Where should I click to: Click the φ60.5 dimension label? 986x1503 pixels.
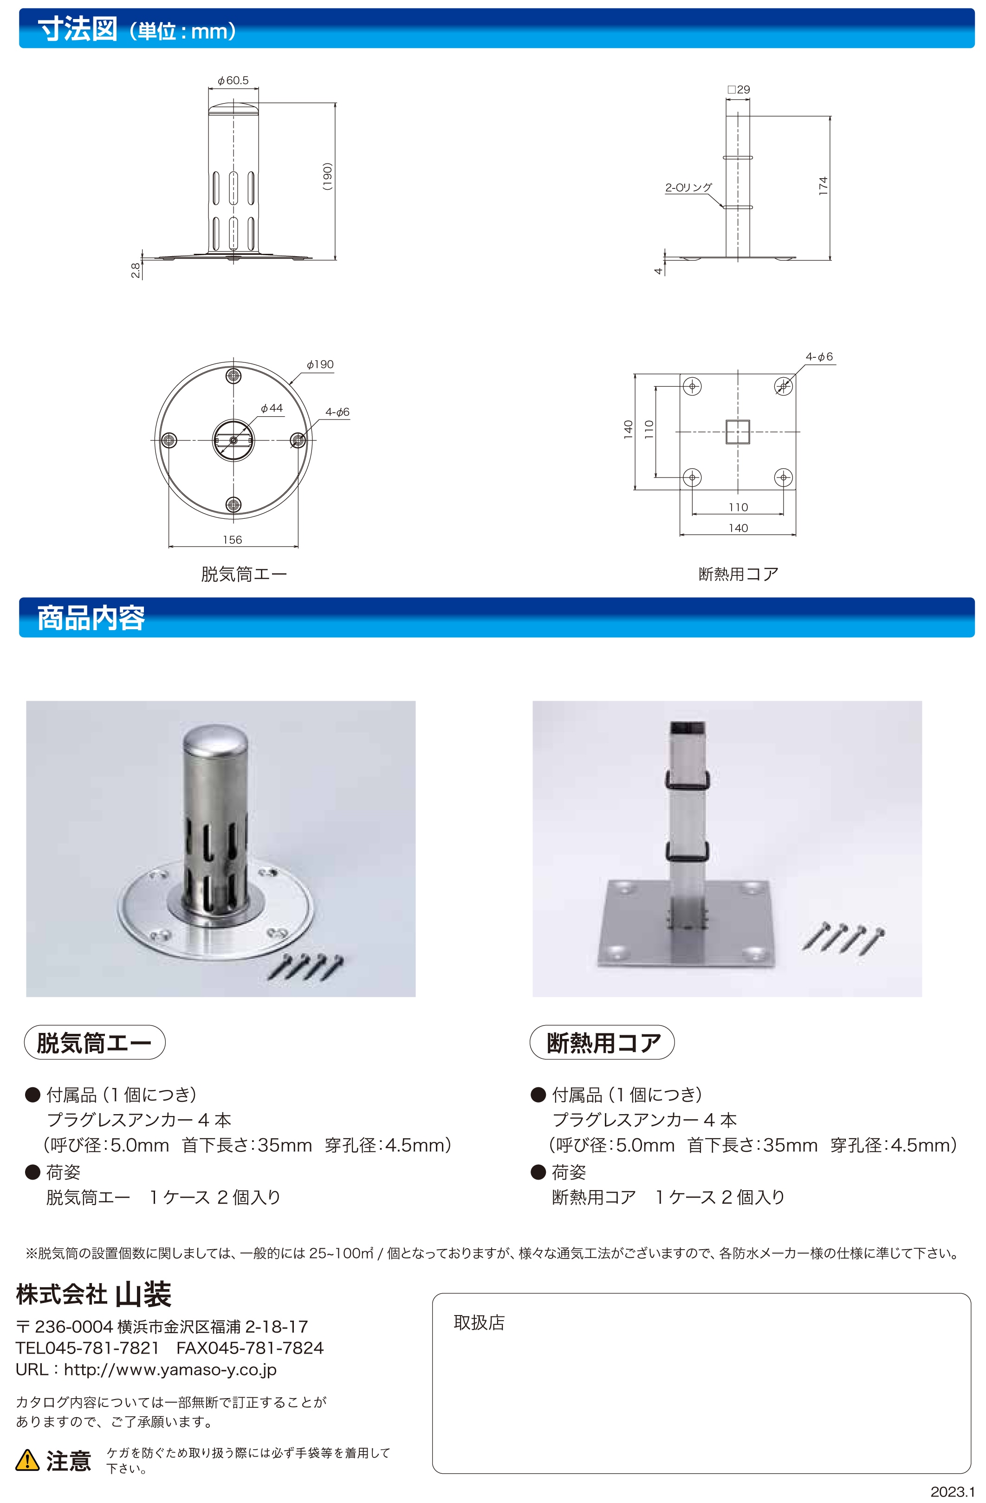click(233, 80)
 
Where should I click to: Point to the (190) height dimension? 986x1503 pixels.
click(327, 177)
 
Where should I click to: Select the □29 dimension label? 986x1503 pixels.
click(739, 90)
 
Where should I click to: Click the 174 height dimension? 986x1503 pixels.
click(823, 186)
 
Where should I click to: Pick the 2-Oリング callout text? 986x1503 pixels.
click(688, 187)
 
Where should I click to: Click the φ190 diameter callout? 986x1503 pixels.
click(320, 364)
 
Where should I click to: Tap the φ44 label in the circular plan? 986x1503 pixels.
click(272, 408)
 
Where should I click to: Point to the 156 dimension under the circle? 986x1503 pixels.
click(233, 539)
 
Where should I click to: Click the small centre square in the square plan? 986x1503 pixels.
click(738, 432)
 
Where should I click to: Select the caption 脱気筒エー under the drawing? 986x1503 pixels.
click(244, 574)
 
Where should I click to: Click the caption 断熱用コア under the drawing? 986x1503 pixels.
click(739, 574)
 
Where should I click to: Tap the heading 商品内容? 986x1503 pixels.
click(91, 618)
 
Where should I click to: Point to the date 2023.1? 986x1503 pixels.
click(953, 1492)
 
